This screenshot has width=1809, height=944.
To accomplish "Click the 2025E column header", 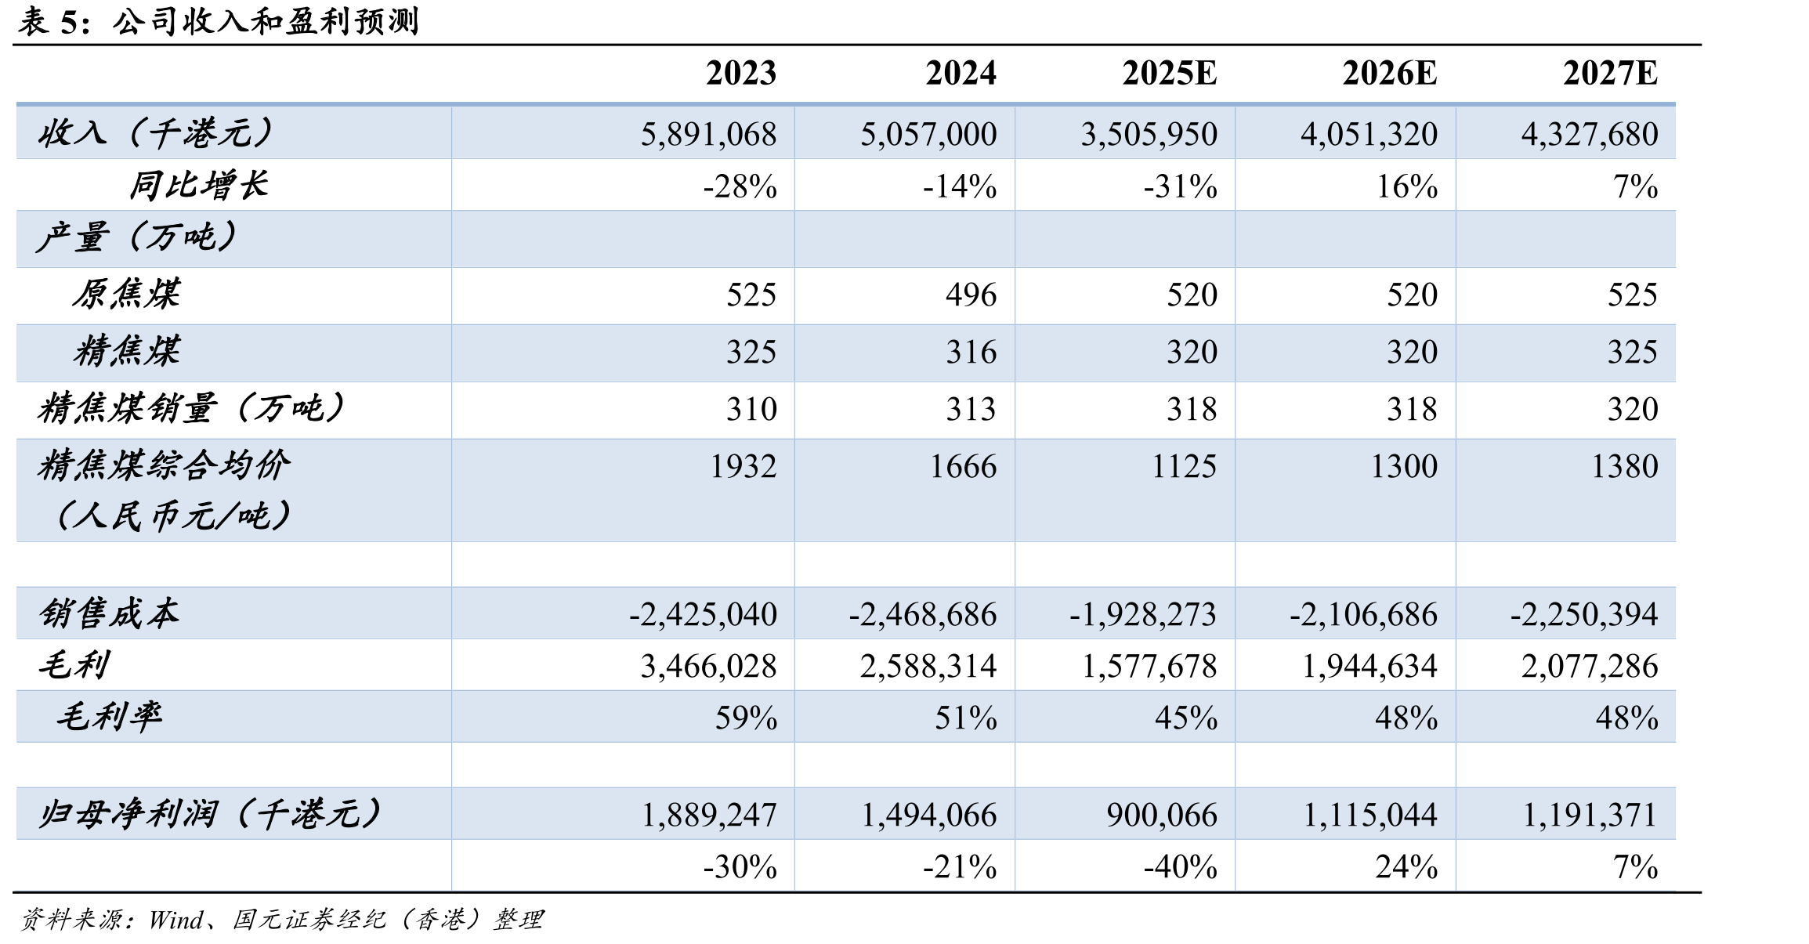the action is (x=1169, y=74).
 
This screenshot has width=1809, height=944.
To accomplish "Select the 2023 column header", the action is (x=741, y=74).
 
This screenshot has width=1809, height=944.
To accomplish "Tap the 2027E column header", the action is (x=1610, y=74).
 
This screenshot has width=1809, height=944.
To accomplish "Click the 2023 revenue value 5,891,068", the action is (x=708, y=135).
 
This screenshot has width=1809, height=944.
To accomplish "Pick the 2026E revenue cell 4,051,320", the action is (x=1369, y=135).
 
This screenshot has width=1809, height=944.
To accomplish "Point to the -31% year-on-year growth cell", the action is (x=1180, y=186).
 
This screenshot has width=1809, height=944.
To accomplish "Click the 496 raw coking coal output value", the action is (x=971, y=295).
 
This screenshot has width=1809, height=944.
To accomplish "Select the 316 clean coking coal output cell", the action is (x=971, y=353).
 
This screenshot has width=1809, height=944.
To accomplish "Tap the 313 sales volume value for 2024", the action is (x=971, y=410).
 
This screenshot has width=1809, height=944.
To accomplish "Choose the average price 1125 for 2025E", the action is (x=1184, y=467).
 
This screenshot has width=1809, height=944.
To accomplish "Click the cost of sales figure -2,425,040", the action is (x=703, y=615).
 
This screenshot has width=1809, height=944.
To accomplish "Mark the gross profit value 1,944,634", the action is (x=1369, y=667).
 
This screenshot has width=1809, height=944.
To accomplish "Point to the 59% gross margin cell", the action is (x=746, y=718).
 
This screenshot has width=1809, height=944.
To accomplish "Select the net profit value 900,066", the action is (x=1162, y=816).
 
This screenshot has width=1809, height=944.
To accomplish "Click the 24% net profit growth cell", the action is (x=1406, y=867).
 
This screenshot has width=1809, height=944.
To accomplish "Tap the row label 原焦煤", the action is (x=127, y=295).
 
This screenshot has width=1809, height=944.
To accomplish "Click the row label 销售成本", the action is (x=109, y=613).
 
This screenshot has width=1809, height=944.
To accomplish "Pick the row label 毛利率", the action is (x=109, y=717).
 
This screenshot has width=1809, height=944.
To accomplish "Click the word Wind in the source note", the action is (x=176, y=920).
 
